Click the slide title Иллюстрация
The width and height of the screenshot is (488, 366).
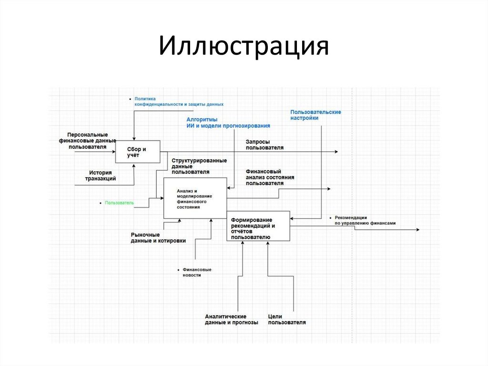click(244, 48)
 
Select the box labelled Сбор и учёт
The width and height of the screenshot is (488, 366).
click(137, 152)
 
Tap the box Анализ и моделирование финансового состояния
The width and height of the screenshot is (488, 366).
click(194, 199)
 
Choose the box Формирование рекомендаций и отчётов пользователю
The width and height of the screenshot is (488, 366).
click(257, 226)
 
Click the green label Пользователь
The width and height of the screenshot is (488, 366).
click(120, 203)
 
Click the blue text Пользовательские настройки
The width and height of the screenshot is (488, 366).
click(315, 115)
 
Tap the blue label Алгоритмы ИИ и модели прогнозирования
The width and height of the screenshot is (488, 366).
click(228, 123)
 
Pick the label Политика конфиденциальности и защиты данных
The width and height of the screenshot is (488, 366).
click(179, 101)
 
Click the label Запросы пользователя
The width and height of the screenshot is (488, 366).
click(264, 145)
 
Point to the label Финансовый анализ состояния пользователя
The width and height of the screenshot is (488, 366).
click(270, 177)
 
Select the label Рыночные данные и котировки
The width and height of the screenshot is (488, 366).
click(158, 238)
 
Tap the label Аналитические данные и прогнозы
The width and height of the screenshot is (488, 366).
click(232, 319)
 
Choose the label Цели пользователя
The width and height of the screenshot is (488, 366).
click(287, 319)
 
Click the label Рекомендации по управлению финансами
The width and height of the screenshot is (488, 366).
click(365, 220)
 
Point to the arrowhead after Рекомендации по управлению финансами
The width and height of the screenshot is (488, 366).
click(417, 230)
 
